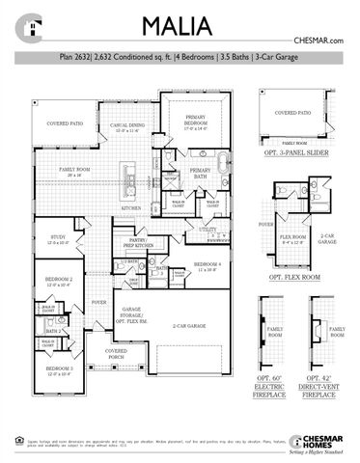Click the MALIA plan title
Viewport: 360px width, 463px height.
(180, 25)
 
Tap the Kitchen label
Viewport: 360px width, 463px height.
(132, 207)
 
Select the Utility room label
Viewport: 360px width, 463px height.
(208, 230)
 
